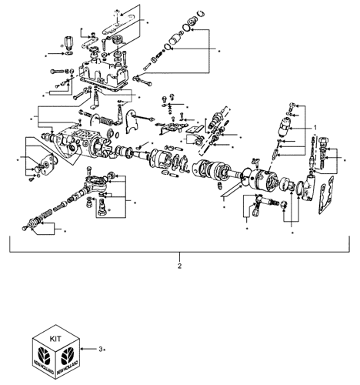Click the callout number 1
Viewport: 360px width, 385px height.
click(x=315, y=128)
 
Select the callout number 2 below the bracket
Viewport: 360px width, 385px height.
click(x=179, y=266)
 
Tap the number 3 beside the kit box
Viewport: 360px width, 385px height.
click(x=101, y=349)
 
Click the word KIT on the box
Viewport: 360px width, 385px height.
click(x=55, y=339)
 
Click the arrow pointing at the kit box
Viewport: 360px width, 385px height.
click(x=88, y=349)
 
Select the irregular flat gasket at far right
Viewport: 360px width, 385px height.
click(x=326, y=195)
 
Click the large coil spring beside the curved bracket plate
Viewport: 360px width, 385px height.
click(x=105, y=119)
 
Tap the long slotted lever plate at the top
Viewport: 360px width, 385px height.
click(x=118, y=25)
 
